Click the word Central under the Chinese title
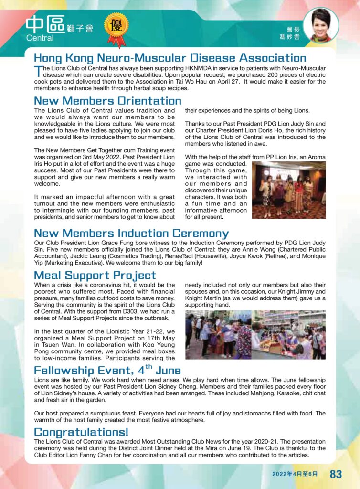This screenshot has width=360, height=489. [x=40, y=38]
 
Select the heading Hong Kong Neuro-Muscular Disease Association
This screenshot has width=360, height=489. [x=170, y=58]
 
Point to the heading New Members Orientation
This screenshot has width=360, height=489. [x=107, y=101]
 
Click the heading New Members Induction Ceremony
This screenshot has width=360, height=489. [x=131, y=234]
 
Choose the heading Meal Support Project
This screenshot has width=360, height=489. [x=95, y=276]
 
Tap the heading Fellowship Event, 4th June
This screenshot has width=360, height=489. [x=107, y=370]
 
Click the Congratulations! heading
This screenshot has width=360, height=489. [x=81, y=432]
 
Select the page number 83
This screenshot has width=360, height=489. [x=336, y=474]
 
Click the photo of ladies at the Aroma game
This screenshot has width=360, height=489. [x=288, y=190]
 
